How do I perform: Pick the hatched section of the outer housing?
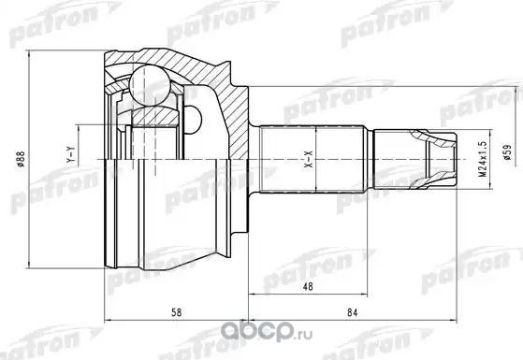(x=215, y=65)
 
